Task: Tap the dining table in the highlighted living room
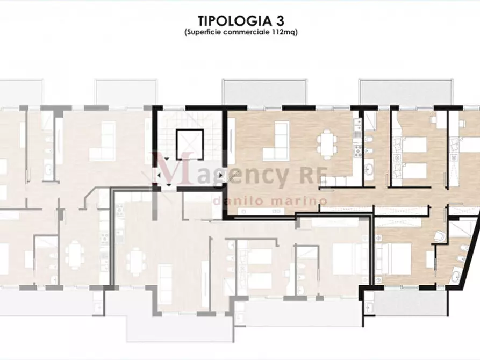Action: click(327, 143)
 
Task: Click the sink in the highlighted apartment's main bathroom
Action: click(370, 169)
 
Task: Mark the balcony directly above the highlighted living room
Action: click(264, 91)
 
